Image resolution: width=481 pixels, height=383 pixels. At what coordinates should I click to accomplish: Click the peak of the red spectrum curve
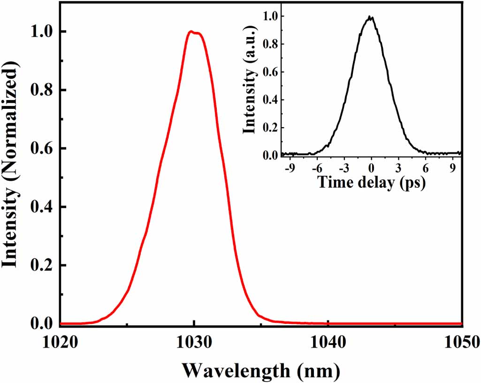(191, 32)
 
